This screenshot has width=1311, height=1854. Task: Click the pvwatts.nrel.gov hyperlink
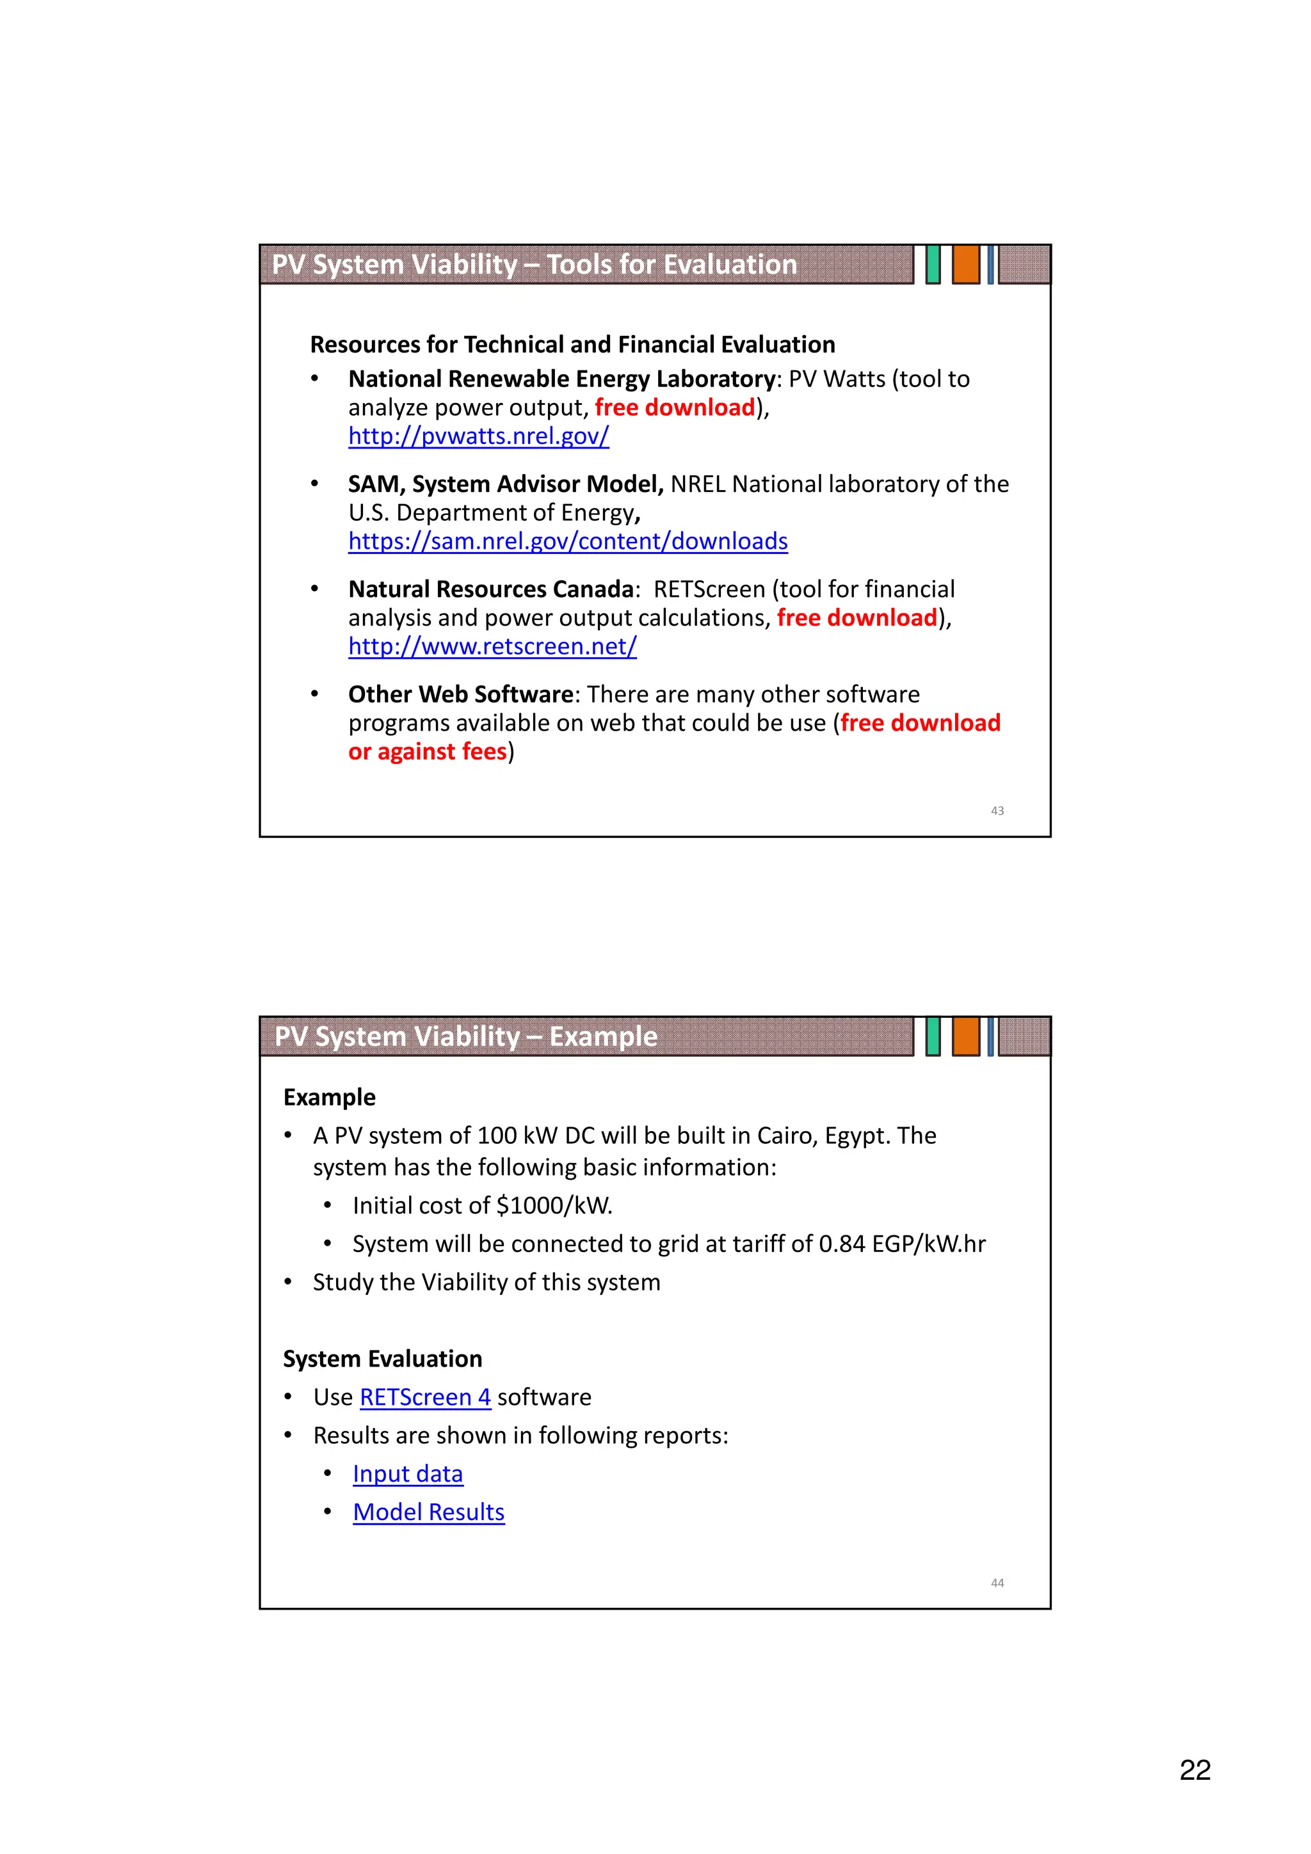point(478,436)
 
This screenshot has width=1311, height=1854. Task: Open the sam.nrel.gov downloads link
point(568,541)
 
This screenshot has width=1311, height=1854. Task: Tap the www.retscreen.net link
point(492,646)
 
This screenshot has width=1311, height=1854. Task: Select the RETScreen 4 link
point(425,1397)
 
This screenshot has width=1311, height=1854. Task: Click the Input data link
point(407,1474)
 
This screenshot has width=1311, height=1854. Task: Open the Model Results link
point(428,1512)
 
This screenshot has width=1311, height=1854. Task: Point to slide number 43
point(997,811)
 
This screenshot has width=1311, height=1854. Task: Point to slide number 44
point(997,1583)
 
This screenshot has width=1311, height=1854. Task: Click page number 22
point(1194,1770)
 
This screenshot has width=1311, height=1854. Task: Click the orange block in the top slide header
point(965,264)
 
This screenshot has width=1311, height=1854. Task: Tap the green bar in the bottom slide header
point(933,1036)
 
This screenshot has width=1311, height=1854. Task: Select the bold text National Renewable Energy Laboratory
point(561,379)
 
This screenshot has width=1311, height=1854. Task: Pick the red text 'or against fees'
point(428,752)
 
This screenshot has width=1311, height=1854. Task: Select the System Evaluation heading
point(382,1359)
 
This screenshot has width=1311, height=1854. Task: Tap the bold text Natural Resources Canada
point(490,589)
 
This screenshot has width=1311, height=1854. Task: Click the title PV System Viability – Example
point(465,1036)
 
